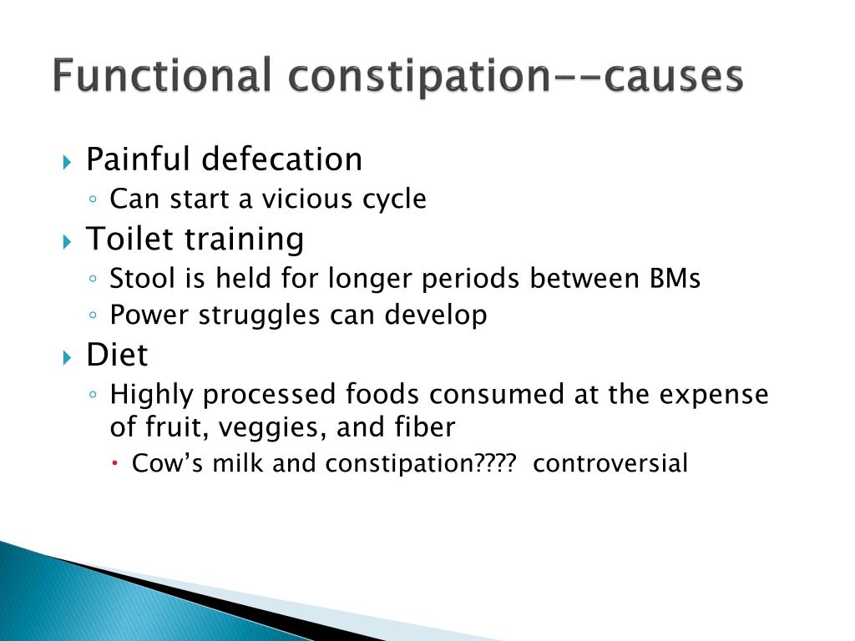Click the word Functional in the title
[161, 76]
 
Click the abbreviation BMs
[674, 279]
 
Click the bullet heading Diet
[117, 355]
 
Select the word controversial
[610, 463]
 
